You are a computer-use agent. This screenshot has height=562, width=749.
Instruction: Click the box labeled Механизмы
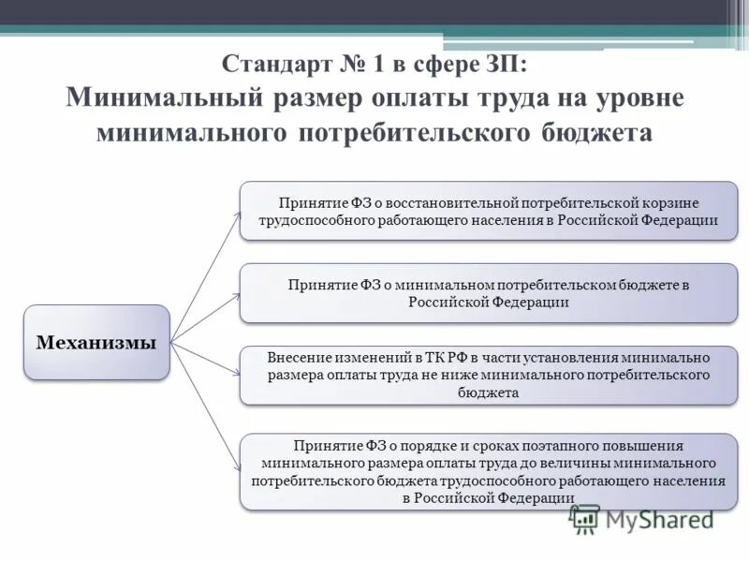[x=96, y=342]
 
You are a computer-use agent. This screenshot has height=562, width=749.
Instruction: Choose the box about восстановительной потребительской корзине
[x=489, y=211]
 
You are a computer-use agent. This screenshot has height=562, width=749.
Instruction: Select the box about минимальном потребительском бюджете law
[x=489, y=293]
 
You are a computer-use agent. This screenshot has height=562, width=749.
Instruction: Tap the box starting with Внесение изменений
[x=489, y=376]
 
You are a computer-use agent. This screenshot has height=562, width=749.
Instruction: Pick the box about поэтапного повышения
[x=489, y=471]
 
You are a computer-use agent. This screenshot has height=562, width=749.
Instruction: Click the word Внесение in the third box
[x=298, y=358]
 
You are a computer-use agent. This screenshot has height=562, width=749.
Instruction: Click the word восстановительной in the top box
[x=470, y=202]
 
